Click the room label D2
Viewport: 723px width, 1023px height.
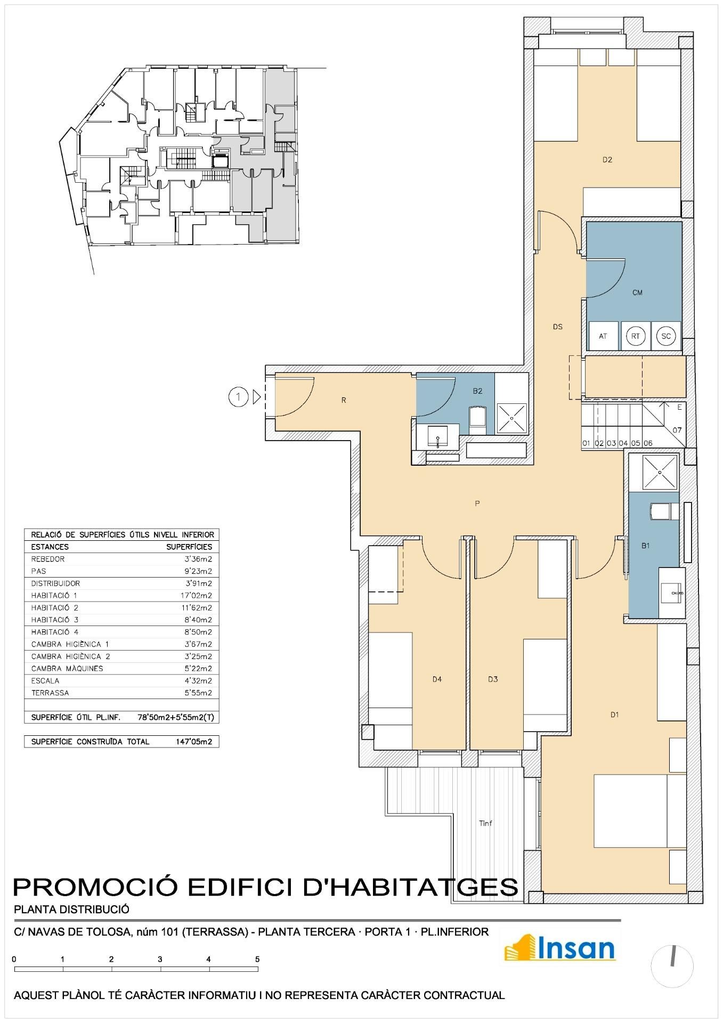click(x=607, y=159)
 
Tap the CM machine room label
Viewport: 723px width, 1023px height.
click(x=637, y=293)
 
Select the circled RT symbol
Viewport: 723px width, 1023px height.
click(x=636, y=336)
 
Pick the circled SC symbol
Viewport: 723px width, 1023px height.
click(x=666, y=336)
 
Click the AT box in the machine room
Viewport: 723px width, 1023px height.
click(x=603, y=336)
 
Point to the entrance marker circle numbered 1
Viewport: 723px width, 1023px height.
click(x=239, y=397)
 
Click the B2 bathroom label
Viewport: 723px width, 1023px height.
click(x=477, y=391)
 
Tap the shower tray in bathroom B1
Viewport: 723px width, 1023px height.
click(x=661, y=472)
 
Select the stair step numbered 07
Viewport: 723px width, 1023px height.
click(x=677, y=430)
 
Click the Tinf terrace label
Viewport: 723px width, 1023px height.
click(x=485, y=823)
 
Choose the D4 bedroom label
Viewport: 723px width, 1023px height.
click(x=437, y=679)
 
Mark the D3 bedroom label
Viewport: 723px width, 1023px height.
click(x=493, y=679)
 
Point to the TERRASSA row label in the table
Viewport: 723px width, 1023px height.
click(x=50, y=693)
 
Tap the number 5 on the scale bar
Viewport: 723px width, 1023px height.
click(x=257, y=959)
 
